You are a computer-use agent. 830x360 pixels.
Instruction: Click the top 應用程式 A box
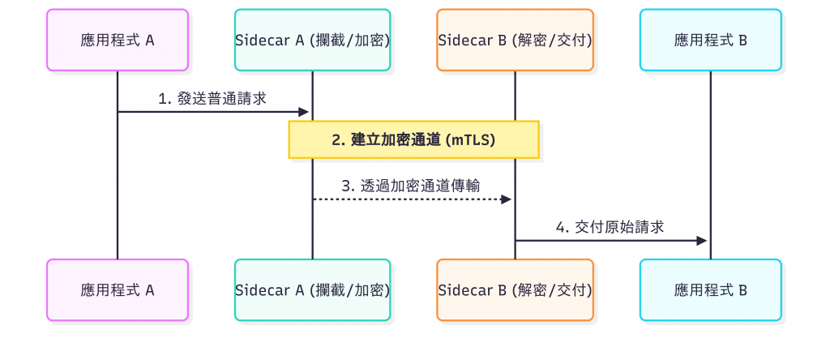tap(118, 40)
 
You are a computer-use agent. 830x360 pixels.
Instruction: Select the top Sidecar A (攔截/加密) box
tap(312, 40)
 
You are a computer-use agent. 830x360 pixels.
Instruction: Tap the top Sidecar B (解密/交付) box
tap(515, 40)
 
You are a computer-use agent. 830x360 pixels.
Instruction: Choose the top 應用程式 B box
tap(711, 40)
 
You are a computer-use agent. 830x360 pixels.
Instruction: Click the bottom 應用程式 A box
tap(118, 289)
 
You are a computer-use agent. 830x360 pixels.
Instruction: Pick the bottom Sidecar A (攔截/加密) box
tap(312, 289)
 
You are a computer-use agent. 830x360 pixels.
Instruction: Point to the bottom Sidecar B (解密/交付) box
tap(515, 289)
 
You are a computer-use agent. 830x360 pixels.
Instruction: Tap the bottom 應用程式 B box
tap(711, 289)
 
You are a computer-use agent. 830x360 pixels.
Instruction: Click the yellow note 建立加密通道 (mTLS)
tap(413, 139)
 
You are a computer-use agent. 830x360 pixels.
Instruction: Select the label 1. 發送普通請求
tap(212, 98)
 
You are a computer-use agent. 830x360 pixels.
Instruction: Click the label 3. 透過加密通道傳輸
tap(411, 186)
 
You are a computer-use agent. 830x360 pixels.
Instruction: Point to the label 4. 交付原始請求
tap(610, 227)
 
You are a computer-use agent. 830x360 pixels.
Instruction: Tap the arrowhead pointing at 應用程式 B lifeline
tap(704, 240)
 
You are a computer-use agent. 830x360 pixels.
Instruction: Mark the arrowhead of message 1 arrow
tap(306, 112)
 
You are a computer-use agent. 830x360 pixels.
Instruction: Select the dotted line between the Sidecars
tap(405, 199)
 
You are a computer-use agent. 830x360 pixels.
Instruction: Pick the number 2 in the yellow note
tap(336, 139)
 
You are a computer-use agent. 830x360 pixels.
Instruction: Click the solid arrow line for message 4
tap(608, 240)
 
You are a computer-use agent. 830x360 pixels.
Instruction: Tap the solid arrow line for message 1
tap(211, 112)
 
